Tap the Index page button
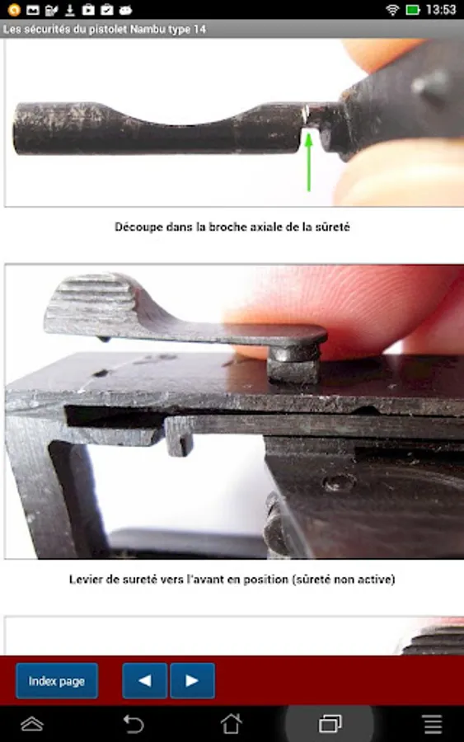click(57, 681)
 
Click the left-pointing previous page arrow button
click(145, 681)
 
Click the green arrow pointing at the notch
click(309, 162)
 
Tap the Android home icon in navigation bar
click(232, 724)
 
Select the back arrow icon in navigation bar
click(133, 724)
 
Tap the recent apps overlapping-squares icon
click(330, 724)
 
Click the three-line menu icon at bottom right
click(433, 724)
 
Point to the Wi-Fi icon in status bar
click(392, 9)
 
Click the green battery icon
click(413, 9)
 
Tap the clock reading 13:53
click(441, 9)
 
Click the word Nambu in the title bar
click(146, 30)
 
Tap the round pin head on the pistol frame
click(339, 482)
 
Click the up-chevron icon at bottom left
click(32, 724)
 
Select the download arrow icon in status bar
click(69, 9)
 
